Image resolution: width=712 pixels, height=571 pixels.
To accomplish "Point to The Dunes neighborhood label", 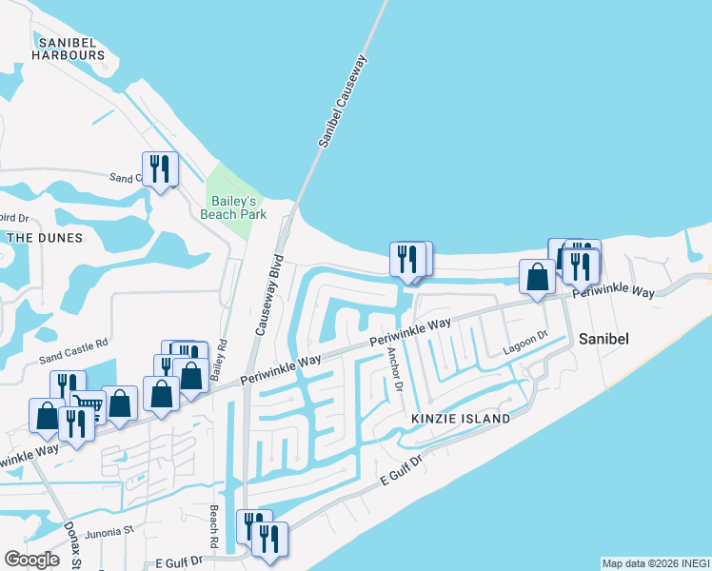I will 44,237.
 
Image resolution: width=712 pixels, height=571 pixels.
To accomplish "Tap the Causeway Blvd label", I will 268,294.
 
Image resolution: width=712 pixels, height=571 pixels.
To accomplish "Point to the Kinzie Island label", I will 456,419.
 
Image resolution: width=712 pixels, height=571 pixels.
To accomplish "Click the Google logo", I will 31,560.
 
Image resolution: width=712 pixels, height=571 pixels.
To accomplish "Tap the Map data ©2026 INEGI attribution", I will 655,563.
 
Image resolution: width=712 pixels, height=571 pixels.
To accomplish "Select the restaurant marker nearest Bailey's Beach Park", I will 159,169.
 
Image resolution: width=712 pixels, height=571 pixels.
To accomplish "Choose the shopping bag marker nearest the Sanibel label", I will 538,276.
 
